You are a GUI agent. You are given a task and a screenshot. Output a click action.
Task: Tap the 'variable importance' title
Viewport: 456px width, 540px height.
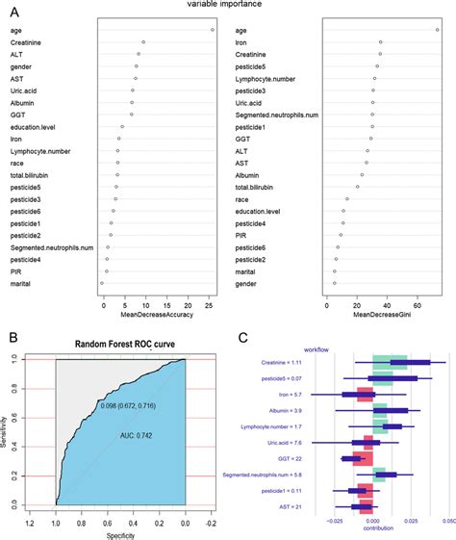pos(227,5)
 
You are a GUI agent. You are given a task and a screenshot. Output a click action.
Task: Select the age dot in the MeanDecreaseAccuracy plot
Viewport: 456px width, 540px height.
pos(212,30)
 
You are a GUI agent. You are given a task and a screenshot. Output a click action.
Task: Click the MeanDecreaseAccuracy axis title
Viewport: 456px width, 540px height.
pos(157,316)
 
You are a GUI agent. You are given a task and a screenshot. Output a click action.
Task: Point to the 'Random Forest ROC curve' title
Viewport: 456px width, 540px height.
pos(120,346)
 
